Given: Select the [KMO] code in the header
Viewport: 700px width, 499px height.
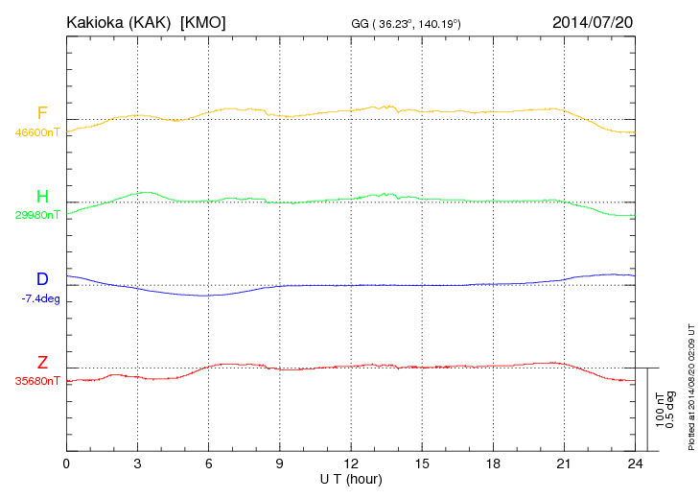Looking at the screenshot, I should [x=202, y=21].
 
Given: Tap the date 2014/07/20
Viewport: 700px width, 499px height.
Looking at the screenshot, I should [x=594, y=21].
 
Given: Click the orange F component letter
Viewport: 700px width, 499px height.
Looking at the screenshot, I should [x=42, y=114].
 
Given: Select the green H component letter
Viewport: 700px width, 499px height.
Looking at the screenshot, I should [x=42, y=197].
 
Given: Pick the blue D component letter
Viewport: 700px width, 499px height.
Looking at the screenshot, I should [x=42, y=279].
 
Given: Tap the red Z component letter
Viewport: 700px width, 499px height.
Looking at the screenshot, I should [x=42, y=362].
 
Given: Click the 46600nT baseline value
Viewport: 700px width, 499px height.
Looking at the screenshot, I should [x=37, y=132].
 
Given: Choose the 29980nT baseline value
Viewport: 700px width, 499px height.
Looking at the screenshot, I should [x=37, y=215].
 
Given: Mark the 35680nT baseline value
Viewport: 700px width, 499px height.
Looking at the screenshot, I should [x=37, y=381].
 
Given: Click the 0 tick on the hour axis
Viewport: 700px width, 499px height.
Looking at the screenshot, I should [x=66, y=463].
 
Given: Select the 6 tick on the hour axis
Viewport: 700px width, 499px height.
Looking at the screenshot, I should [x=208, y=463].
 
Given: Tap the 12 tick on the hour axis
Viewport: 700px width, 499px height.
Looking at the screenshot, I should [x=350, y=463].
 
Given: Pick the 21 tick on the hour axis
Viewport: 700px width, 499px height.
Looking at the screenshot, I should [x=563, y=463].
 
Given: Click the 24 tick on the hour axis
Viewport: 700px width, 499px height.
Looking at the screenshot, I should [x=634, y=463].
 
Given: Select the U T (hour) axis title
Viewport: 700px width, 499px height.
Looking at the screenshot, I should [x=350, y=478].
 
